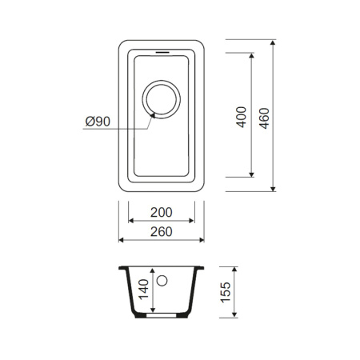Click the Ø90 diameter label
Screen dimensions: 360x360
98,122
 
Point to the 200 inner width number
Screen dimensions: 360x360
162,214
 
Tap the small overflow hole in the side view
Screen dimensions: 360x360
162,282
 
